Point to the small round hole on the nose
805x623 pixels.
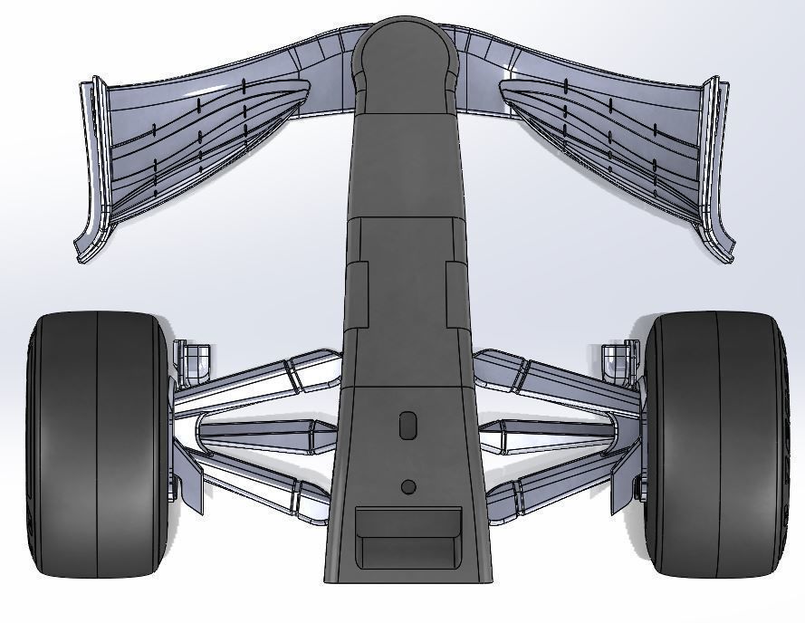408,487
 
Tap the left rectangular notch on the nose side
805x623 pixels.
358,295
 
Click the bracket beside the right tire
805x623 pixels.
618,359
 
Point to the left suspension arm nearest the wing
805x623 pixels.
263,380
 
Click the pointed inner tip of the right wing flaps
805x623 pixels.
504,89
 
